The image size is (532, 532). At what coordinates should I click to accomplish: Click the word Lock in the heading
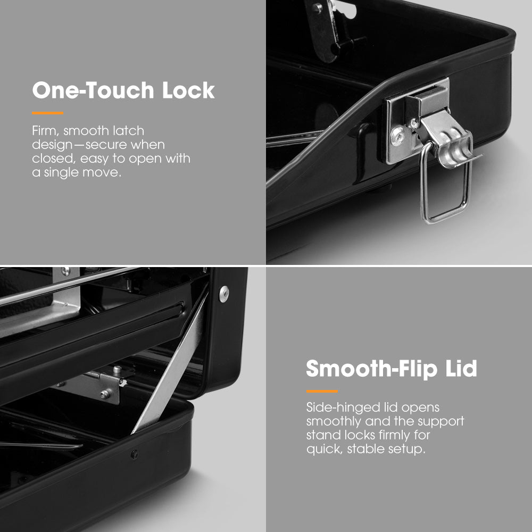coord(188,90)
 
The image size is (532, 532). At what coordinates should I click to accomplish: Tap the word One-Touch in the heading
coord(93,90)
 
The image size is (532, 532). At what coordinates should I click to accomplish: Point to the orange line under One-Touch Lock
coord(47,113)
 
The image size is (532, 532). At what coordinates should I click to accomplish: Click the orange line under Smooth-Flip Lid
coord(322,391)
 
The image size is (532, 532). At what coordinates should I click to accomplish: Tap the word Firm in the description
coord(45,131)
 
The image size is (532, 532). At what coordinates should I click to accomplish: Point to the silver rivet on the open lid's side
coord(224,294)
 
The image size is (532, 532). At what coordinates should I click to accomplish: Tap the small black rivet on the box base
coord(135,454)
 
